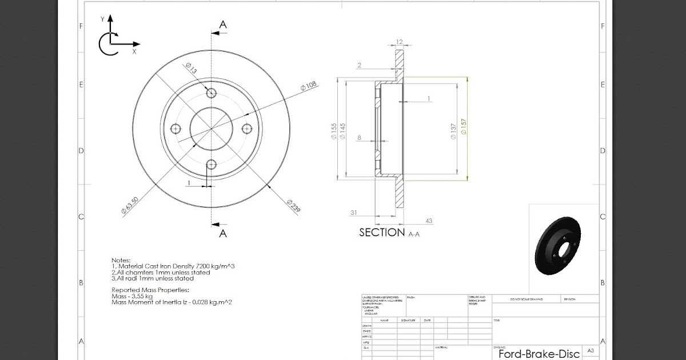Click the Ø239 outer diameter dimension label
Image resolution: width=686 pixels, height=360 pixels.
coord(293,206)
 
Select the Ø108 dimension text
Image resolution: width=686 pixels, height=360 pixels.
coord(309,87)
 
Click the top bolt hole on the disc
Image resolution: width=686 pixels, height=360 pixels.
coord(212,93)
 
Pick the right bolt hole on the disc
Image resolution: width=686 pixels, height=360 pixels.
coord(247,128)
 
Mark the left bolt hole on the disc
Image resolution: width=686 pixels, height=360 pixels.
coord(176,128)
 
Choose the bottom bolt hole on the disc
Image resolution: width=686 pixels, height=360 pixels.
coord(212,165)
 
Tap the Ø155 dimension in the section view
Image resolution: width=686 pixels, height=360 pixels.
coord(333,131)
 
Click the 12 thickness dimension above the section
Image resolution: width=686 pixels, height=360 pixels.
coord(399,42)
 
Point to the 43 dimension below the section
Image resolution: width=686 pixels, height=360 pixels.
coord(428,221)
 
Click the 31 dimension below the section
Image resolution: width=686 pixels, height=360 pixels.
coord(354,213)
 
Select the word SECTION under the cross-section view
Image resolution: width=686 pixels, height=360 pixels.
coord(382,233)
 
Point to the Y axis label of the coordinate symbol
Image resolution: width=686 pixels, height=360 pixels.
coord(102,19)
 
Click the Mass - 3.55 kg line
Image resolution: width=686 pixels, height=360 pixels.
coord(132,296)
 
